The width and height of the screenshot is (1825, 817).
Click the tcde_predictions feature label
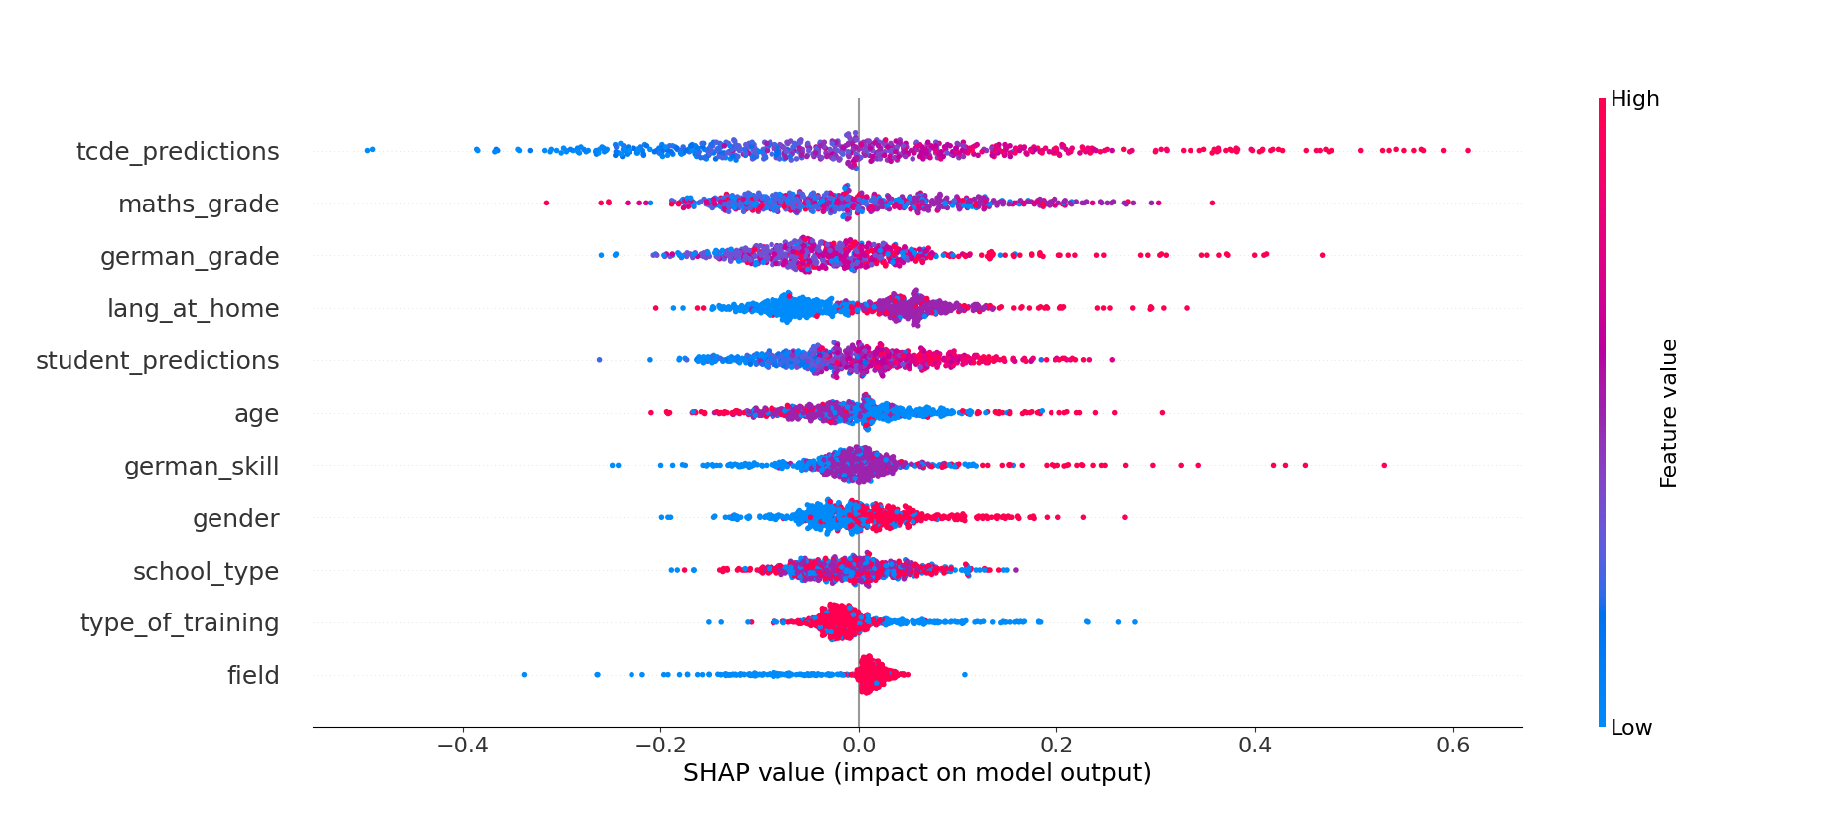tap(178, 152)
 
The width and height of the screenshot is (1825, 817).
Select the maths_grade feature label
tap(199, 204)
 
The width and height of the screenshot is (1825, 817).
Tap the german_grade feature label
tap(190, 257)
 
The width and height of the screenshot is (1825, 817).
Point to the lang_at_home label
tap(193, 309)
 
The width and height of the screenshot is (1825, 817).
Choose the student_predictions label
tap(158, 361)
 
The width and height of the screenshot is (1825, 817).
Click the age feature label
tap(256, 414)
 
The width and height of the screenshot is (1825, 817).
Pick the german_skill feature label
tap(202, 467)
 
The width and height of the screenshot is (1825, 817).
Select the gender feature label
tap(235, 519)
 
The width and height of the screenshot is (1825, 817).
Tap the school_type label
tap(206, 572)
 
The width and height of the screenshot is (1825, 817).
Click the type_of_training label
tap(180, 623)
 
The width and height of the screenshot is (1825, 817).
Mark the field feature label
tap(253, 676)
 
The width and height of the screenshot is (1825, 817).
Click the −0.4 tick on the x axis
tap(462, 746)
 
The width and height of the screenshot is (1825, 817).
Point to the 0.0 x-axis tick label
tap(858, 746)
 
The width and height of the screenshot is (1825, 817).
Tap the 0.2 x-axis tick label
tap(1056, 746)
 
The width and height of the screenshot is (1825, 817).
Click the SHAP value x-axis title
tap(916, 773)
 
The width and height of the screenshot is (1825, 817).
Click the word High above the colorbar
tap(1634, 99)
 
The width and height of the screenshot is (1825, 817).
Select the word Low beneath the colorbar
tap(1630, 728)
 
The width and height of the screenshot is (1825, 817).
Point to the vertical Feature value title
tap(1668, 413)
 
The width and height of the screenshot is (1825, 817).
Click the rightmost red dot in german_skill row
tap(1384, 465)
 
